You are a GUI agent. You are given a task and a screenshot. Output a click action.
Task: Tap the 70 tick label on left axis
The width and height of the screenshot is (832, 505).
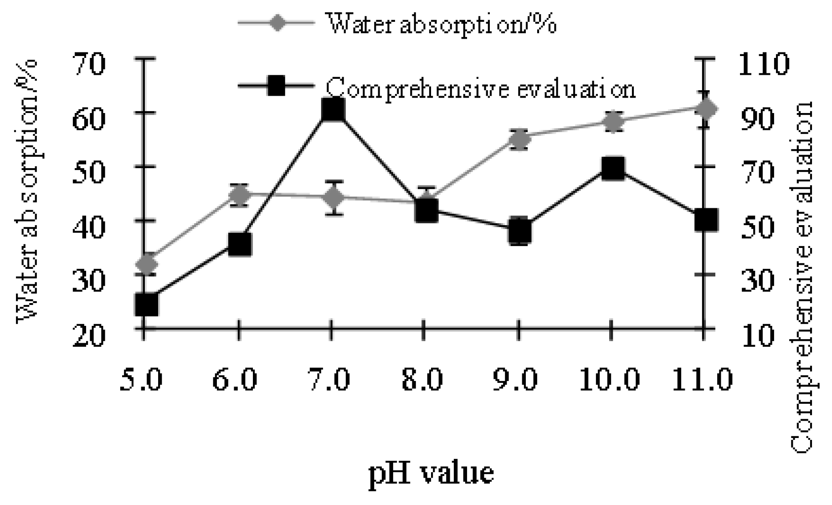click(89, 64)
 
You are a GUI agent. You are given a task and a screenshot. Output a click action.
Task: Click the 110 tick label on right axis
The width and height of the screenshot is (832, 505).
click(763, 64)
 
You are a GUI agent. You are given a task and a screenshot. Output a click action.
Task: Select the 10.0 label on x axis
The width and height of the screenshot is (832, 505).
click(609, 379)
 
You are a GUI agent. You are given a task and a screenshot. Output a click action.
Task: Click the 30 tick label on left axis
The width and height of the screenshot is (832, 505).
click(89, 281)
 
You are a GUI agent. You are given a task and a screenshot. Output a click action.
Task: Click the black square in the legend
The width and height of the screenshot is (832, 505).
click(276, 85)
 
